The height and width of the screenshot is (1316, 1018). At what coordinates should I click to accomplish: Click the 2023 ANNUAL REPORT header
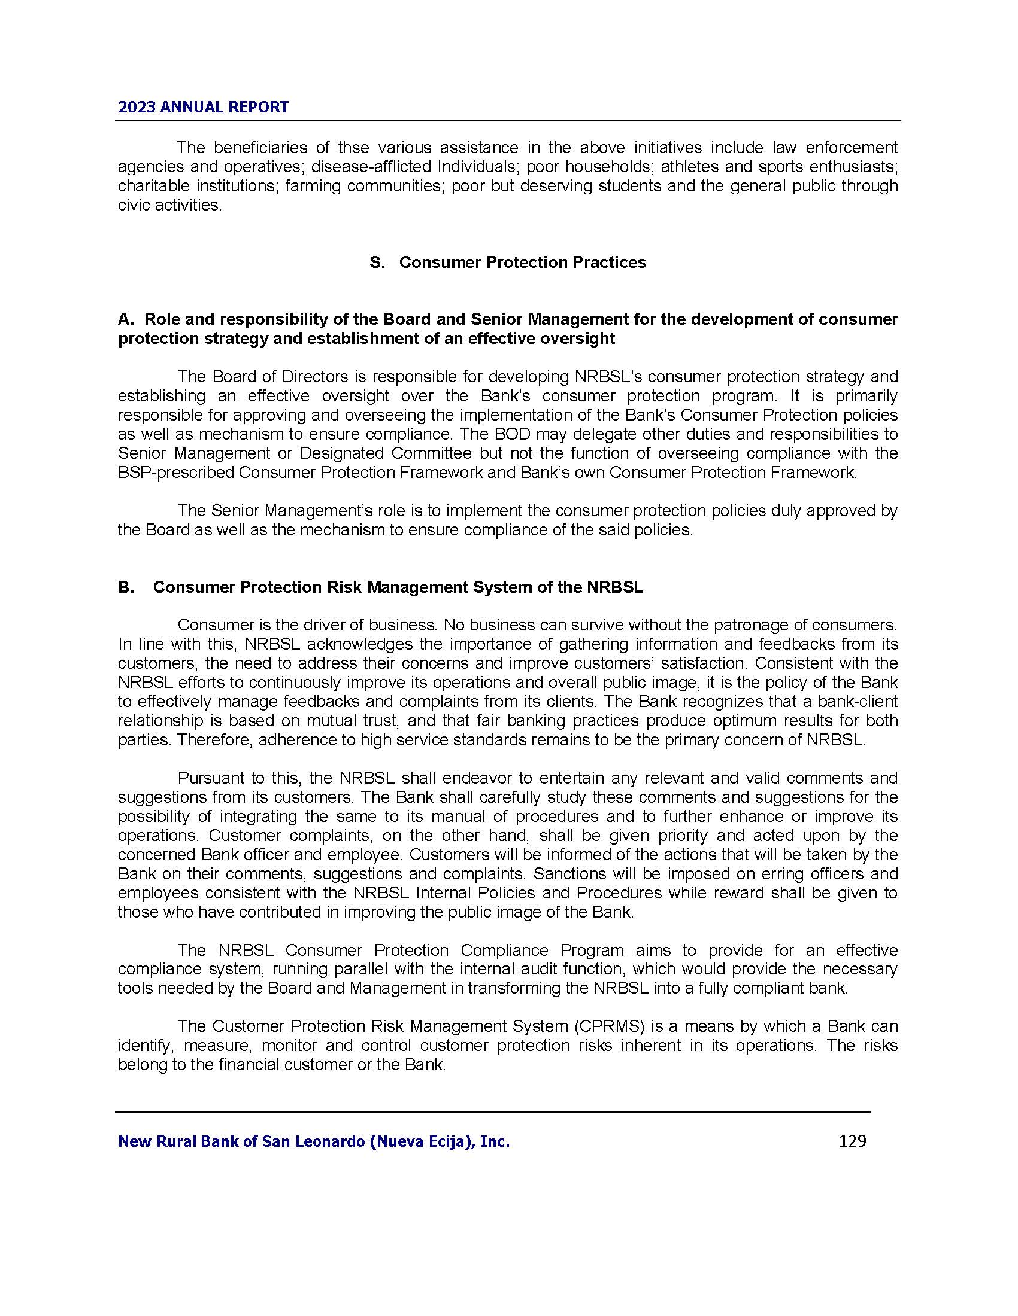click(203, 107)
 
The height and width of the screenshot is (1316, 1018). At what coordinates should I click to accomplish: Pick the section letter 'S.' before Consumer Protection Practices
click(377, 263)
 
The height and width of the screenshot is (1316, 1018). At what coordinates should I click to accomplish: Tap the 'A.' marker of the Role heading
click(125, 319)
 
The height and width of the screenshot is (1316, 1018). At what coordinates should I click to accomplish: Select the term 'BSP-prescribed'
click(175, 473)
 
